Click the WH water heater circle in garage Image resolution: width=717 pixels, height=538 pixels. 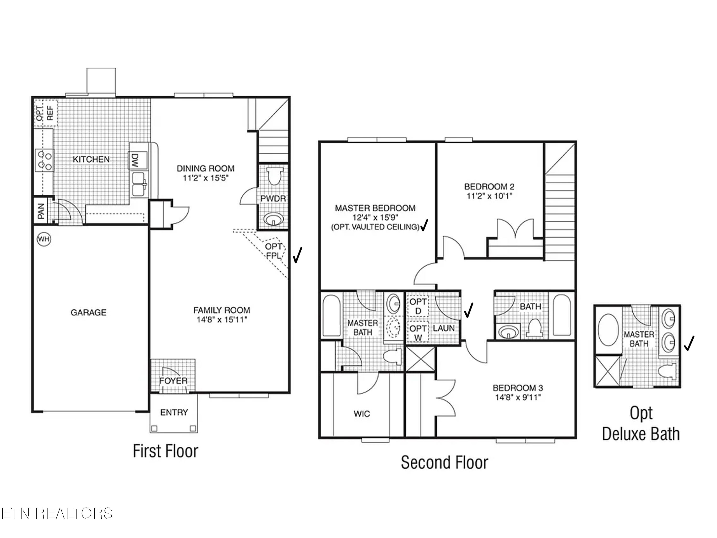pyautogui.click(x=44, y=239)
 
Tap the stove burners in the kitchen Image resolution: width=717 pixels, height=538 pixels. pyautogui.click(x=45, y=160)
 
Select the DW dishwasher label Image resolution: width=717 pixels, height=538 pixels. pyautogui.click(x=135, y=160)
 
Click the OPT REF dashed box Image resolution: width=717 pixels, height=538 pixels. pyautogui.click(x=45, y=113)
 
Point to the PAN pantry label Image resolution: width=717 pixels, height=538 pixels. pyautogui.click(x=41, y=211)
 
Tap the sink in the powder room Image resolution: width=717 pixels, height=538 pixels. pyautogui.click(x=273, y=220)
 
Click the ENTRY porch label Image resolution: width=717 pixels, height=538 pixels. pyautogui.click(x=174, y=412)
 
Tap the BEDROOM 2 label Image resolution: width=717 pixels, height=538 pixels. pyautogui.click(x=489, y=187)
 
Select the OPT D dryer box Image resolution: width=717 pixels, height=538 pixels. pyautogui.click(x=418, y=306)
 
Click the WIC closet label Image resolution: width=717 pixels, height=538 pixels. pyautogui.click(x=362, y=414)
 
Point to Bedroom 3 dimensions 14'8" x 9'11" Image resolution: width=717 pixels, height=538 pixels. pyautogui.click(x=518, y=397)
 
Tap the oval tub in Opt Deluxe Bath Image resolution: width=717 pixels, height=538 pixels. pyautogui.click(x=608, y=329)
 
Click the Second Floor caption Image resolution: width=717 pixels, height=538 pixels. pyautogui.click(x=444, y=462)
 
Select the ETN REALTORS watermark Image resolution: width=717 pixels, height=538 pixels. pyautogui.click(x=57, y=514)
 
